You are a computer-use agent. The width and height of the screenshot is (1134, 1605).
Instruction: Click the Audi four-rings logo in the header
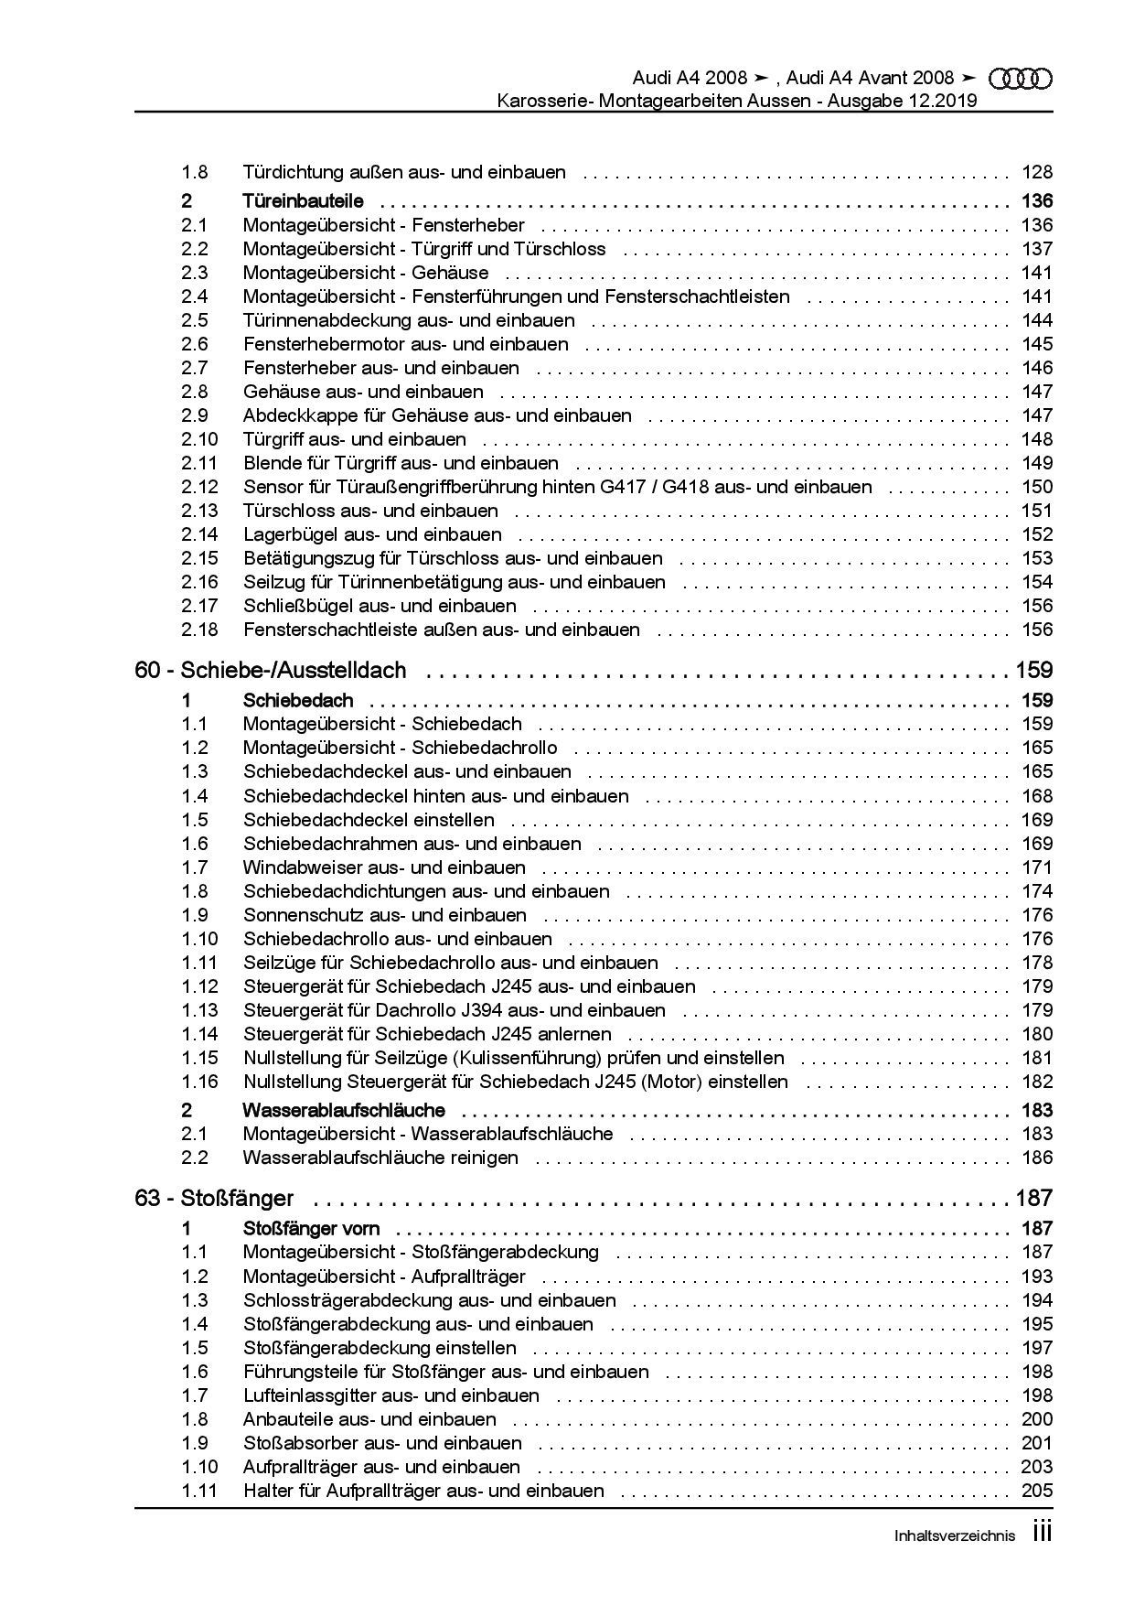tap(1021, 79)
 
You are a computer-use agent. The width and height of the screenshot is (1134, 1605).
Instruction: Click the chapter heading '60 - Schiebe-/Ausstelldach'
tap(270, 671)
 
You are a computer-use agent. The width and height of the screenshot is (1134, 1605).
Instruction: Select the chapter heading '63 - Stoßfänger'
tap(214, 1198)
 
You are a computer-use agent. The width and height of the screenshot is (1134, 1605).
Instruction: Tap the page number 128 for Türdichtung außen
tap(1037, 172)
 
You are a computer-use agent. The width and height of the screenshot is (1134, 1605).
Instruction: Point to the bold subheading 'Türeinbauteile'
tap(303, 201)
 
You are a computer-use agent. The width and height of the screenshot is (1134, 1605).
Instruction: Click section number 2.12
tap(199, 487)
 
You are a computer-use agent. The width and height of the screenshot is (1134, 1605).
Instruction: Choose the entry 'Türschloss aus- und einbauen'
tap(370, 511)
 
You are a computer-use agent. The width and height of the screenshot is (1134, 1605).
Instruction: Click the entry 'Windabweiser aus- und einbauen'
tap(384, 867)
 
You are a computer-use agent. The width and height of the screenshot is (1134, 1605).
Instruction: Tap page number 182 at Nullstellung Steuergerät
tap(1037, 1082)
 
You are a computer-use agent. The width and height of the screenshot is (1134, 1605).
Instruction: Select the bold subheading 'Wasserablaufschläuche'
tap(344, 1111)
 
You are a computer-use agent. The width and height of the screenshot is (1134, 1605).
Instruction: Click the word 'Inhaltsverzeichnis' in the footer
tap(954, 1536)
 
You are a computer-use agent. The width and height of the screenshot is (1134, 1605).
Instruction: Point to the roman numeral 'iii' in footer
tap(1042, 1533)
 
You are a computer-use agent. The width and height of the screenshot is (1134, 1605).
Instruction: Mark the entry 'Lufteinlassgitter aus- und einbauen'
tap(390, 1395)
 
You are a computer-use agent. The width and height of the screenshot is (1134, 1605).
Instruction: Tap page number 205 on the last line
tap(1037, 1491)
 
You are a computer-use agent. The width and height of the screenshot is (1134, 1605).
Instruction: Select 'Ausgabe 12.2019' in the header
tap(903, 101)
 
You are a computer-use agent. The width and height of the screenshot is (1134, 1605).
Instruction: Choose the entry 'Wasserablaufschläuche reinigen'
tap(380, 1158)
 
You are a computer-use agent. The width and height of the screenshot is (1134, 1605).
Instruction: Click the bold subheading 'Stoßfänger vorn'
tap(311, 1229)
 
